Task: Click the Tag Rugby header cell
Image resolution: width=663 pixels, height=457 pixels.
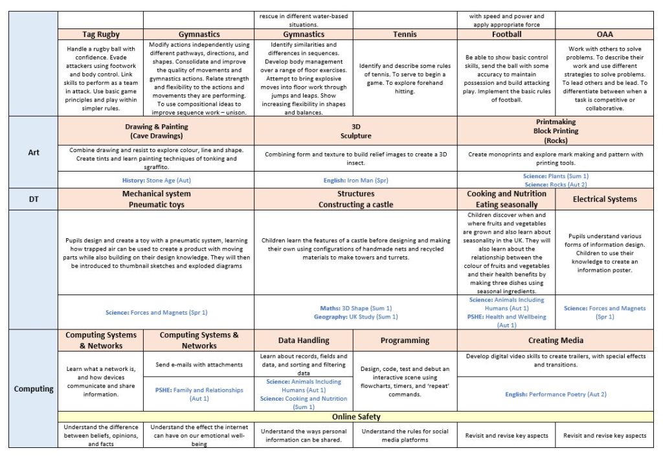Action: (x=100, y=34)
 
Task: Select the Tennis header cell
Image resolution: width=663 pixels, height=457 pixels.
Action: (x=405, y=34)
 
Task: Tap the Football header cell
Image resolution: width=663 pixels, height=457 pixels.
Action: (x=506, y=34)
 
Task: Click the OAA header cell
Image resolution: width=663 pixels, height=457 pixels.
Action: (x=607, y=34)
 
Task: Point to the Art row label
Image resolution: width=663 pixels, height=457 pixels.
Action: (x=34, y=153)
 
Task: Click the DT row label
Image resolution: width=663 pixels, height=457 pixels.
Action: (x=34, y=199)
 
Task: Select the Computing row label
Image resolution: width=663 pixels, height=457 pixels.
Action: (x=34, y=388)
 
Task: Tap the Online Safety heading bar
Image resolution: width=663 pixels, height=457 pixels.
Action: (x=356, y=416)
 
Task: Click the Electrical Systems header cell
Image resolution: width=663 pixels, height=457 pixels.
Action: (x=605, y=199)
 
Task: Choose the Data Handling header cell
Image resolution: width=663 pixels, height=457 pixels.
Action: (x=304, y=340)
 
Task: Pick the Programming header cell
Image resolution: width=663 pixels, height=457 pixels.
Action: (x=405, y=340)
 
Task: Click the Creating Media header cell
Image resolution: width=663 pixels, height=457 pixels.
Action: (x=557, y=340)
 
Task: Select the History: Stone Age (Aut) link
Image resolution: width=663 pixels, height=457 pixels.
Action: (x=156, y=180)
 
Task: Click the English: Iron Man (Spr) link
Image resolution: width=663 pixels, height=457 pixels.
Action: (x=355, y=180)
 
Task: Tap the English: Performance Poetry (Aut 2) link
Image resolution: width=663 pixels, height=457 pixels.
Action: (x=556, y=394)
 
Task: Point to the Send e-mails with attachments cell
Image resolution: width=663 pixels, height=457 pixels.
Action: (x=199, y=364)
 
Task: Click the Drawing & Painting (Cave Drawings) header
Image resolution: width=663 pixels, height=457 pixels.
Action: (x=156, y=131)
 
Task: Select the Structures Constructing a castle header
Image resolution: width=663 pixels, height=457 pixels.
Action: (x=355, y=199)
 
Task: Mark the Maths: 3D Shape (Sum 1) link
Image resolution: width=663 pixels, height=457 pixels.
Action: (x=355, y=308)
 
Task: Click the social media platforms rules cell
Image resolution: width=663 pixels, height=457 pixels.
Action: (x=405, y=436)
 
